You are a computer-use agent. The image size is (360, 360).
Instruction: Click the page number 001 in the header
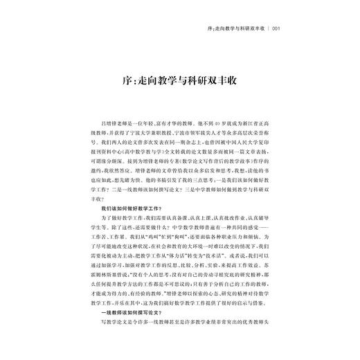pos(276,29)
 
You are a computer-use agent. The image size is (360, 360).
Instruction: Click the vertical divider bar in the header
pos(267,29)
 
